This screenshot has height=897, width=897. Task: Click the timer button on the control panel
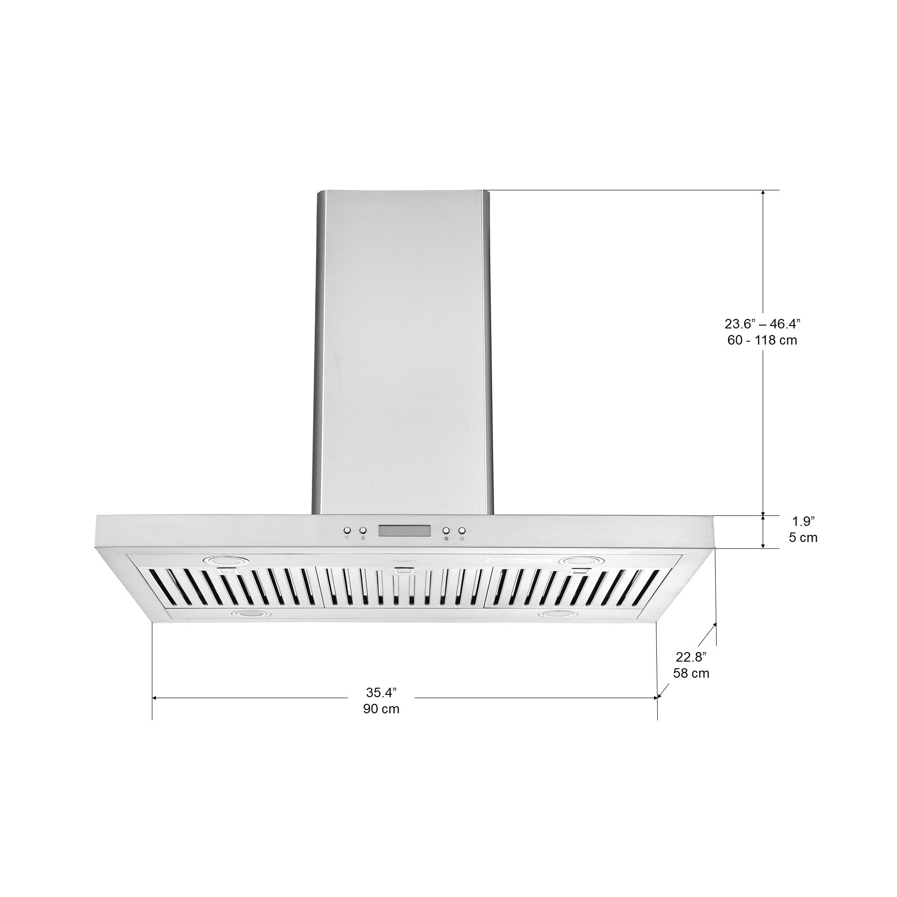pyautogui.click(x=347, y=530)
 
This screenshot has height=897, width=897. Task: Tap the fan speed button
pyautogui.click(x=446, y=530)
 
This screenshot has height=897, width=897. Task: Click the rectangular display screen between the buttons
pyautogui.click(x=404, y=530)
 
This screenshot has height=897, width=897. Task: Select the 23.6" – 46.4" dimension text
pyautogui.click(x=762, y=324)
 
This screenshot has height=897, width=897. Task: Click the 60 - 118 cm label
pyautogui.click(x=762, y=340)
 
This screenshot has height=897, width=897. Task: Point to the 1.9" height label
pyautogui.click(x=803, y=522)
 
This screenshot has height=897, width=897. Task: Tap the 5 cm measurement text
pyautogui.click(x=803, y=538)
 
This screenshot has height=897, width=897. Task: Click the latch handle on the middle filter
pyautogui.click(x=403, y=572)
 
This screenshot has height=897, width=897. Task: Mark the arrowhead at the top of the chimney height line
pyautogui.click(x=763, y=193)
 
